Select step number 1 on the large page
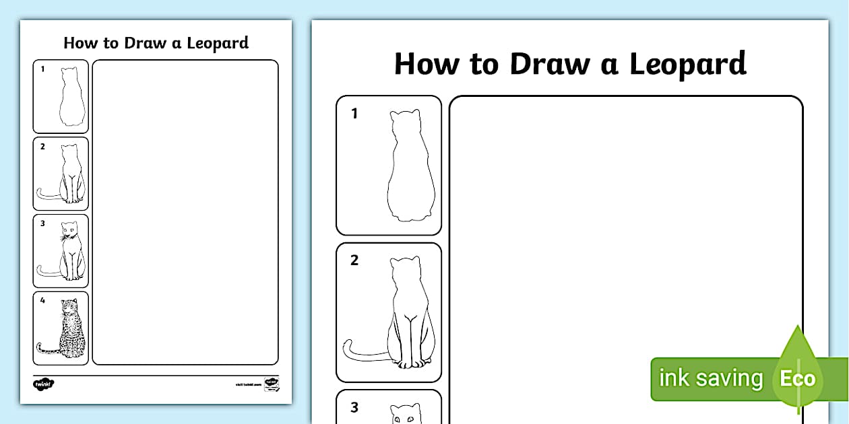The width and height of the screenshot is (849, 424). click(354, 114)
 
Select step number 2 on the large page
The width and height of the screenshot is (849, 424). click(354, 260)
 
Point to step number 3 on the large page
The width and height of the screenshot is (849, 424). click(354, 407)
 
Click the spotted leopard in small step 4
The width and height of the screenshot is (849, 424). click(70, 328)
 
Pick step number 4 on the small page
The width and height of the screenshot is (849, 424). click(42, 301)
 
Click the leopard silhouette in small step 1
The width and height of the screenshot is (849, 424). click(70, 98)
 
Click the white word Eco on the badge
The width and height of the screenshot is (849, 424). click(798, 378)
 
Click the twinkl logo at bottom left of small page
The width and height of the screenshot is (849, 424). click(43, 384)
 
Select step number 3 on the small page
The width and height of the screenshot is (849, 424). click(42, 224)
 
